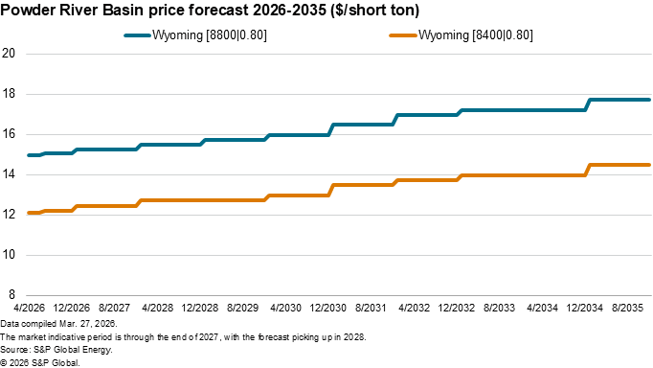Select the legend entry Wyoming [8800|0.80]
[221, 34]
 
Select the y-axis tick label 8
[12, 295]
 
